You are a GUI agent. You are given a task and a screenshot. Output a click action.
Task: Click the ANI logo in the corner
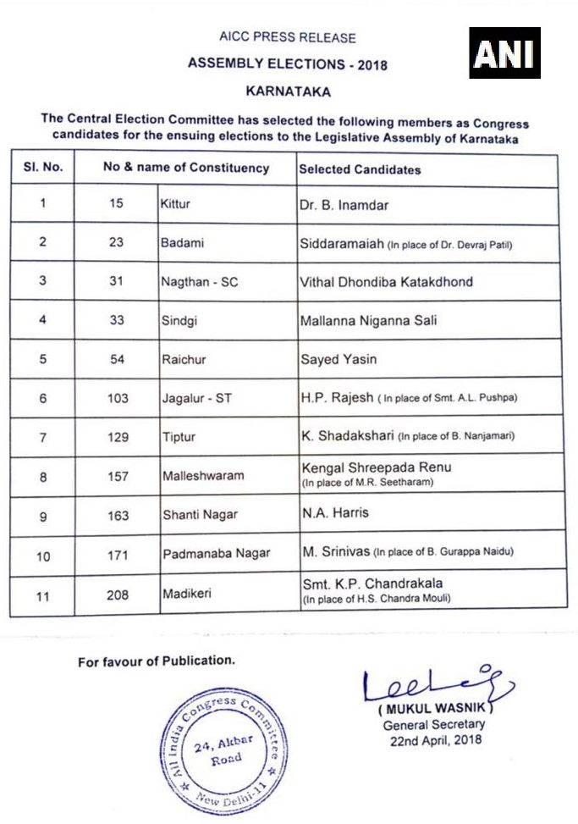tap(505, 53)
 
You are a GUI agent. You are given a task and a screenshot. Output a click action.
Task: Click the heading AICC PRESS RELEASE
tap(288, 38)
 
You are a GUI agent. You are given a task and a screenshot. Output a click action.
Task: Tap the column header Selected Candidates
tap(360, 169)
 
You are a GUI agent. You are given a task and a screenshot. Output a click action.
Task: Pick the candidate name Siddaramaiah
tap(342, 244)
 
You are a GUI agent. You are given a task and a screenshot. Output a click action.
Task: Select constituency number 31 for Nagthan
tap(117, 281)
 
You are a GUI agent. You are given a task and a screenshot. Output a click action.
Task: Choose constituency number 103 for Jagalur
tap(118, 398)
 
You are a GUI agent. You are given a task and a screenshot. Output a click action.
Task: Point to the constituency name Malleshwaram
tap(202, 475)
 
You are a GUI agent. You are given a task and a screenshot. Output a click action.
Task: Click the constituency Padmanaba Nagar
tap(216, 554)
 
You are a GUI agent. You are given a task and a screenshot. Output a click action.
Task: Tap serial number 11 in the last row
tap(43, 594)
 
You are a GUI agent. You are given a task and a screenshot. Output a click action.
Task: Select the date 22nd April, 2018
tap(434, 739)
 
